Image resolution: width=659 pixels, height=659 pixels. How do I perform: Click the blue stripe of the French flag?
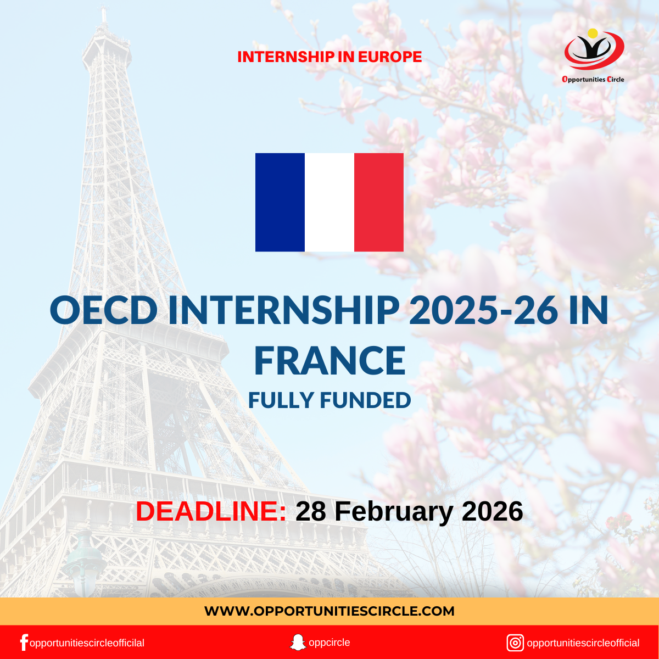click(x=280, y=202)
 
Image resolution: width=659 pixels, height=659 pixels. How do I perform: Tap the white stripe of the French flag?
click(x=329, y=202)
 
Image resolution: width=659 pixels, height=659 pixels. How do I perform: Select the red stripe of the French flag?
click(x=379, y=202)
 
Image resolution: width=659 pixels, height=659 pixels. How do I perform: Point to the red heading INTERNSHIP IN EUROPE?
click(x=329, y=57)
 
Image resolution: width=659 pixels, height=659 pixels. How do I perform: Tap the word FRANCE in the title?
click(x=329, y=361)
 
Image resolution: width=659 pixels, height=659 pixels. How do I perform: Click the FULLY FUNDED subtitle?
click(x=329, y=400)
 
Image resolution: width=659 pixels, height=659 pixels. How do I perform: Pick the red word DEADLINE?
click(x=211, y=511)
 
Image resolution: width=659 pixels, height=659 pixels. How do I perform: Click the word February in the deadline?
click(x=394, y=511)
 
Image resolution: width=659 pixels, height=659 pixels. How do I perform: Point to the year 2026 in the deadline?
click(x=492, y=511)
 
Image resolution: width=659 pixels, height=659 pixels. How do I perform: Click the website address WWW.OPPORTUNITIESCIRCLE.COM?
click(x=329, y=611)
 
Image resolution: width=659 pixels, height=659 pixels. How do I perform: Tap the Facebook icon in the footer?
click(x=24, y=643)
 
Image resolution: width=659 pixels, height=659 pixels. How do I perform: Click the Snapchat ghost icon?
click(x=297, y=643)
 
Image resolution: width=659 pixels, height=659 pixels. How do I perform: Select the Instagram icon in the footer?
click(x=515, y=643)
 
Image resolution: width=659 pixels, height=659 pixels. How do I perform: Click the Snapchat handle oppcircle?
click(x=329, y=643)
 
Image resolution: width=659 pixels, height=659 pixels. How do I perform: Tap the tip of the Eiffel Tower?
click(x=103, y=12)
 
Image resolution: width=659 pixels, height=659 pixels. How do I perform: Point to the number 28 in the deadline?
click(x=311, y=511)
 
